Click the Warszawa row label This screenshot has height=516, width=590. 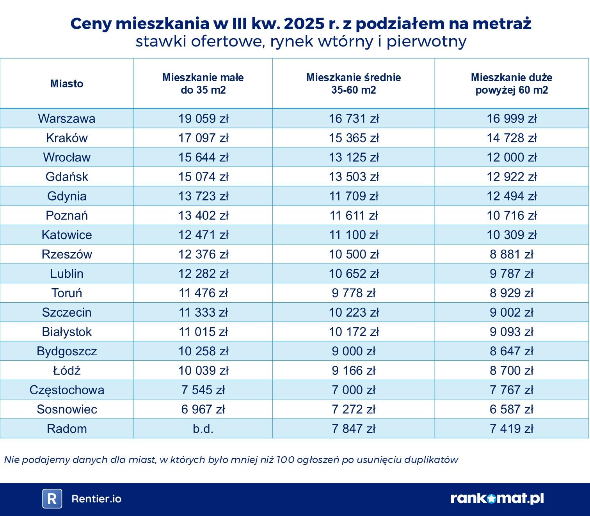point(66,119)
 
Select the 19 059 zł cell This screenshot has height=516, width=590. point(203,119)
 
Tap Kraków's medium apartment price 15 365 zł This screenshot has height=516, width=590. point(354,138)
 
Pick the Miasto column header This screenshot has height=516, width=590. point(67,83)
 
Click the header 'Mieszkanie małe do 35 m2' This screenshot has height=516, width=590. point(203,83)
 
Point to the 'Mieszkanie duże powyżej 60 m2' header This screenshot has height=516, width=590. point(511,83)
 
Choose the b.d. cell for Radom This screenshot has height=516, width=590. point(203,429)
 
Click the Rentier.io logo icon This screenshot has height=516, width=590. point(52,499)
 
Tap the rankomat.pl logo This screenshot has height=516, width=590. point(497,498)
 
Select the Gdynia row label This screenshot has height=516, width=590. point(67,196)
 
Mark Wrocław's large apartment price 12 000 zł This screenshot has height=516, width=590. point(511,158)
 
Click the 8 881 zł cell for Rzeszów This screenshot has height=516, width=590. point(511,254)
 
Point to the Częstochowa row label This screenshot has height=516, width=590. point(67,390)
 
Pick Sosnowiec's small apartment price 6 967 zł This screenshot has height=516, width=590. point(203,410)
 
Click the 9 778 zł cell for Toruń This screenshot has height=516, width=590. point(354,293)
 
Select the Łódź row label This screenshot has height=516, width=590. point(67,371)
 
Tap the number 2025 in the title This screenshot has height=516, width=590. point(301,24)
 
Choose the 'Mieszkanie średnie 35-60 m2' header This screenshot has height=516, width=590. point(354,83)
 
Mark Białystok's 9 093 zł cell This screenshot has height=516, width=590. point(511,332)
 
